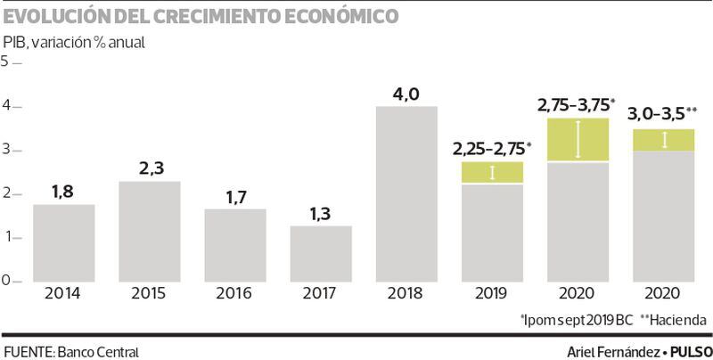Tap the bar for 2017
[x=321, y=254]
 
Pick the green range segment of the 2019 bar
[x=492, y=173]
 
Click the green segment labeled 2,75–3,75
[x=578, y=140]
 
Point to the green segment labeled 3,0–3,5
[x=663, y=140]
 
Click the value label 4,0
[x=406, y=93]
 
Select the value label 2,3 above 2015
[x=149, y=168]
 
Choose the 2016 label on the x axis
[x=234, y=293]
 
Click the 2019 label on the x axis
[x=492, y=293]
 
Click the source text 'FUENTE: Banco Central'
[x=71, y=350]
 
